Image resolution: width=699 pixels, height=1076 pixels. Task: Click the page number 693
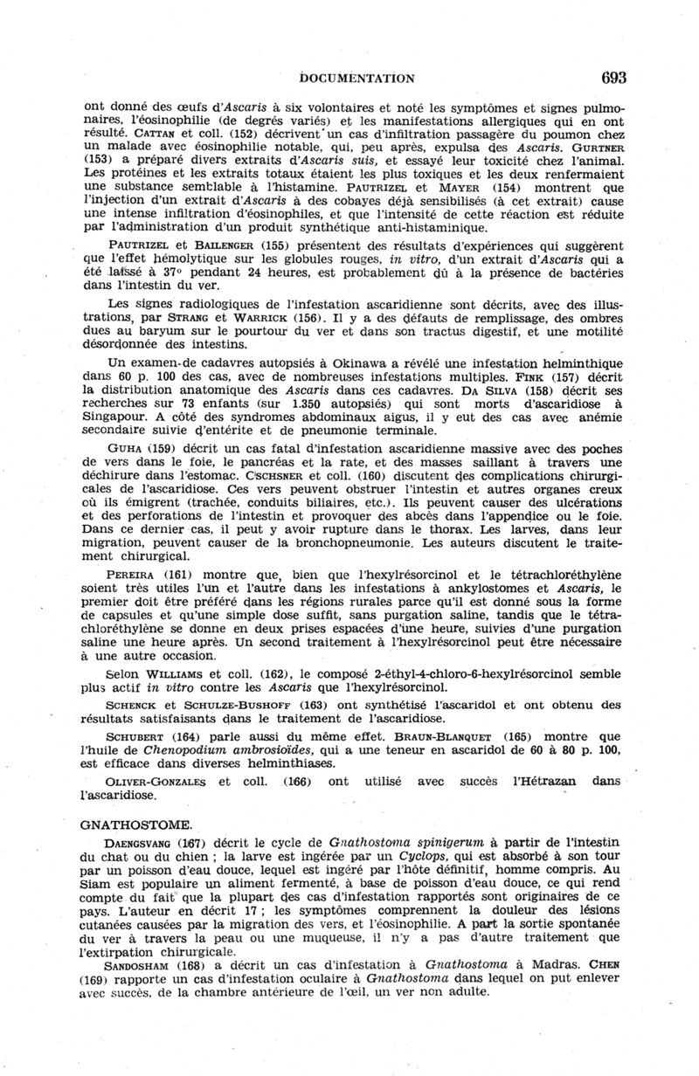point(614,78)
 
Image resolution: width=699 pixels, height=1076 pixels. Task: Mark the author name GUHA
point(125,449)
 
